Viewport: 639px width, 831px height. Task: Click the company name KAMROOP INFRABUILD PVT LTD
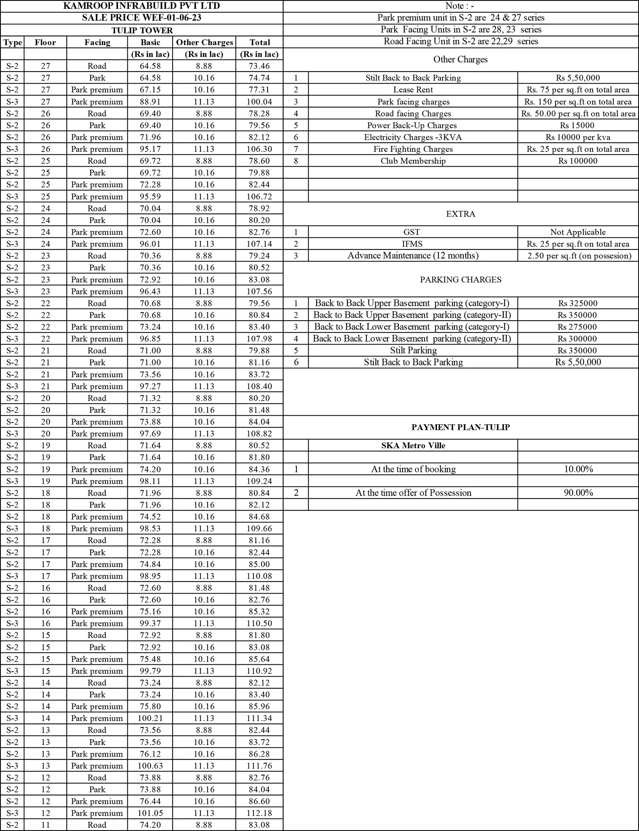141,6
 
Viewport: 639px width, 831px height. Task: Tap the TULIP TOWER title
142,30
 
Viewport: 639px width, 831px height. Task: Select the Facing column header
97,42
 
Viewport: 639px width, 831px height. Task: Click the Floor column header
45,42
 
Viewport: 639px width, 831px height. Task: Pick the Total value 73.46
259,66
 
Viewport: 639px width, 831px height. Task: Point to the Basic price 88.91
150,102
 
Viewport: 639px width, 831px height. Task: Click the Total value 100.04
259,102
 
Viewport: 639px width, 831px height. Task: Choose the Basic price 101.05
150,813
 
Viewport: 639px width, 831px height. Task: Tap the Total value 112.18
259,813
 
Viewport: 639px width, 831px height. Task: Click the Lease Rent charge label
413,90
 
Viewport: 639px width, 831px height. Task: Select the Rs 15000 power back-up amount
577,125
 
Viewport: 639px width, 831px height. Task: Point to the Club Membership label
413,161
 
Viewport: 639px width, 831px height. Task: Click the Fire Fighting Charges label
413,149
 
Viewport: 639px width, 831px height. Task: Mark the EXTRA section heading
460,214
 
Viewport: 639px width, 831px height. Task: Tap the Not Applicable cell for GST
577,232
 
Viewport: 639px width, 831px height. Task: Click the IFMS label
412,244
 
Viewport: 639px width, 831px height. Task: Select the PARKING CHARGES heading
460,279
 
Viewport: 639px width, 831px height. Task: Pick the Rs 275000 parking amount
577,327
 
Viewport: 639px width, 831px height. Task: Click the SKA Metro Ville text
413,445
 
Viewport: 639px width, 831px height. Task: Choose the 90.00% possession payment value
578,493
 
